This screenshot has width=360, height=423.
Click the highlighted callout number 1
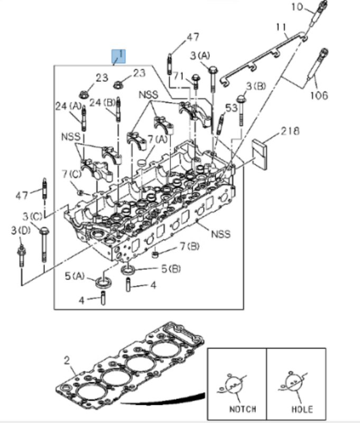coord(118,55)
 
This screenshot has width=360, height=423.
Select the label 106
coord(319,96)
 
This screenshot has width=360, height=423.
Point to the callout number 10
coord(297,7)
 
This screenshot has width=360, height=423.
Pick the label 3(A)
coord(200,55)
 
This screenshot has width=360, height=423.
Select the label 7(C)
coord(71,174)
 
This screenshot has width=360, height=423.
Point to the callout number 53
coord(232,108)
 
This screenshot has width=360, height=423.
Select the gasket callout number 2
coord(67,360)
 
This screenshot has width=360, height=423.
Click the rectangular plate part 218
coord(261,154)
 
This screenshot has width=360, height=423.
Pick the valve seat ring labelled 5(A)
coord(103,281)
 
